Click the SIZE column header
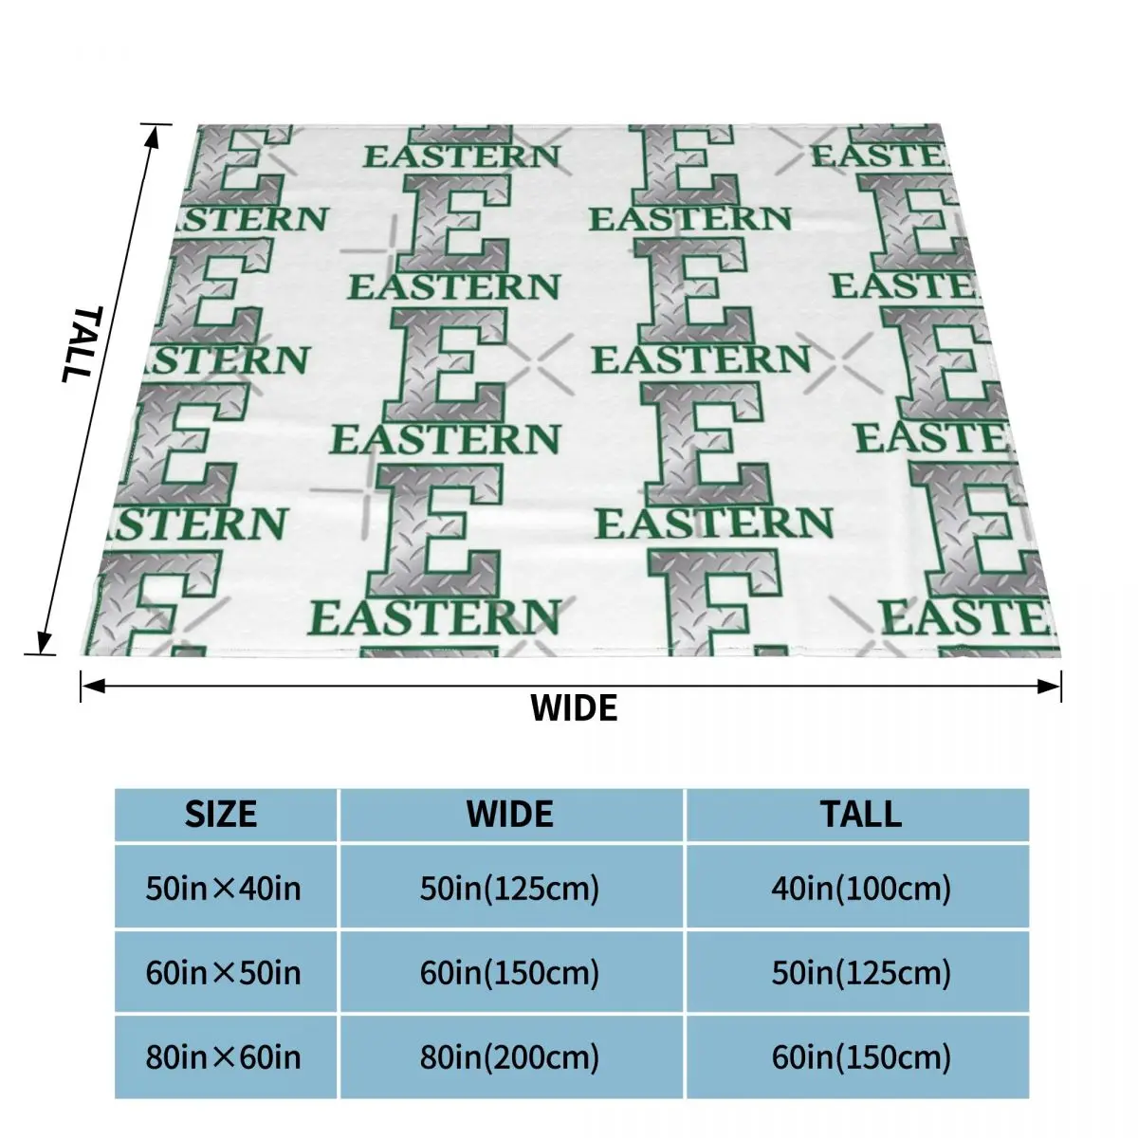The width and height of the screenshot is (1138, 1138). coord(221,814)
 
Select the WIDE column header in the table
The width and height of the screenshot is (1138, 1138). coord(510,814)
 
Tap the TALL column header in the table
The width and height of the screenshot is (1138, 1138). coord(861,814)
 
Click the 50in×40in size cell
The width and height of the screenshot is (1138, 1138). coord(223,889)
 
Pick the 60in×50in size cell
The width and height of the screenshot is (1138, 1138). coord(223,973)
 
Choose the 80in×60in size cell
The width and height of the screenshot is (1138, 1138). coord(223,1057)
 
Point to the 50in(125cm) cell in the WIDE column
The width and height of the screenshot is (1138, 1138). coord(510,889)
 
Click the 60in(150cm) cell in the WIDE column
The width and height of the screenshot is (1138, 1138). coord(510,973)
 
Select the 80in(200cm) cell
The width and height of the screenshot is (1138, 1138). coord(510,1057)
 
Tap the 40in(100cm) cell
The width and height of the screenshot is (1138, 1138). coord(861,889)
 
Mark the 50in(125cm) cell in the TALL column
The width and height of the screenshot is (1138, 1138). coord(861,973)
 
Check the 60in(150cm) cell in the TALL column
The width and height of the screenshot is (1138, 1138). coord(861,1057)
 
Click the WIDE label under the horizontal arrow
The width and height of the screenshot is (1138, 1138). coord(574,707)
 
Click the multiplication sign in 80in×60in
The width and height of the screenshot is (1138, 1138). coord(224,1058)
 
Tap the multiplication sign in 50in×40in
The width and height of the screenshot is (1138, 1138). coord(224,890)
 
